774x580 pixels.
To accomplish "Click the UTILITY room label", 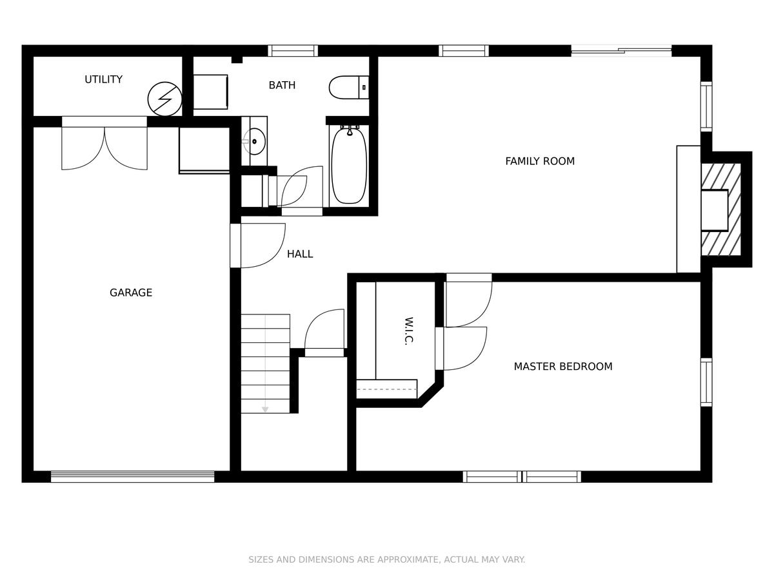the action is (103, 79).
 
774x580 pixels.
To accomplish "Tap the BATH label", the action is (282, 85).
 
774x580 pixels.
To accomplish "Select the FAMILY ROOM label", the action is (540, 161).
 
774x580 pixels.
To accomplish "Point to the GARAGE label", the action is (131, 293).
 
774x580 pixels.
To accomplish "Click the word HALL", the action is (300, 254).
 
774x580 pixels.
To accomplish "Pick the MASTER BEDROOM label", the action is (563, 367).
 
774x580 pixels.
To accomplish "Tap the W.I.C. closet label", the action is (409, 331).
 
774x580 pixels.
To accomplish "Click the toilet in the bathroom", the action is (349, 88).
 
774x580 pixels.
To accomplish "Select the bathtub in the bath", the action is (349, 165).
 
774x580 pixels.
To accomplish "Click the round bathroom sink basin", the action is (255, 142).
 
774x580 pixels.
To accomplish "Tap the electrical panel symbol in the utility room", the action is (164, 99).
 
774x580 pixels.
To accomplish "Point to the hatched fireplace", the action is (720, 209).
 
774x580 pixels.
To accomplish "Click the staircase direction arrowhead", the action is (265, 409).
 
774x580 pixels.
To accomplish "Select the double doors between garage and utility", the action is (104, 144).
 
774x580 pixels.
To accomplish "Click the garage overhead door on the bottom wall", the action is (133, 476).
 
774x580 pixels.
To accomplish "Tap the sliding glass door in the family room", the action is (621, 51).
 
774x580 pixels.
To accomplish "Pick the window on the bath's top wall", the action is (293, 51).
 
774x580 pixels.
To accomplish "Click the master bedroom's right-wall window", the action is (706, 382).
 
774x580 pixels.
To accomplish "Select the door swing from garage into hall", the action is (258, 246).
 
